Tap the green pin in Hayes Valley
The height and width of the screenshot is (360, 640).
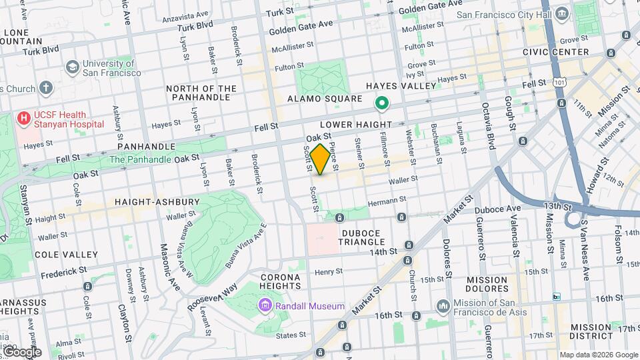point(382,103)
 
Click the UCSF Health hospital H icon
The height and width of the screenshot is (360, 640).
point(24,119)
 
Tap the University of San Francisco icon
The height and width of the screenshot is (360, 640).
point(72,67)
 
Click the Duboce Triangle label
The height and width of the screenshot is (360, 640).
point(361,237)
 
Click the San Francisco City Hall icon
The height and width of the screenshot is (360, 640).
point(561,14)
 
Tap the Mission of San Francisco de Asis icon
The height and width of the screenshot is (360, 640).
point(443,306)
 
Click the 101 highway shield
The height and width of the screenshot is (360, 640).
point(558,81)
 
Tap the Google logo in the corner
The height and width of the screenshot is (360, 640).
point(21,352)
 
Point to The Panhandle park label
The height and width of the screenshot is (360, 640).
point(139,159)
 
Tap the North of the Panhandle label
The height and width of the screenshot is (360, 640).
point(201,93)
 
